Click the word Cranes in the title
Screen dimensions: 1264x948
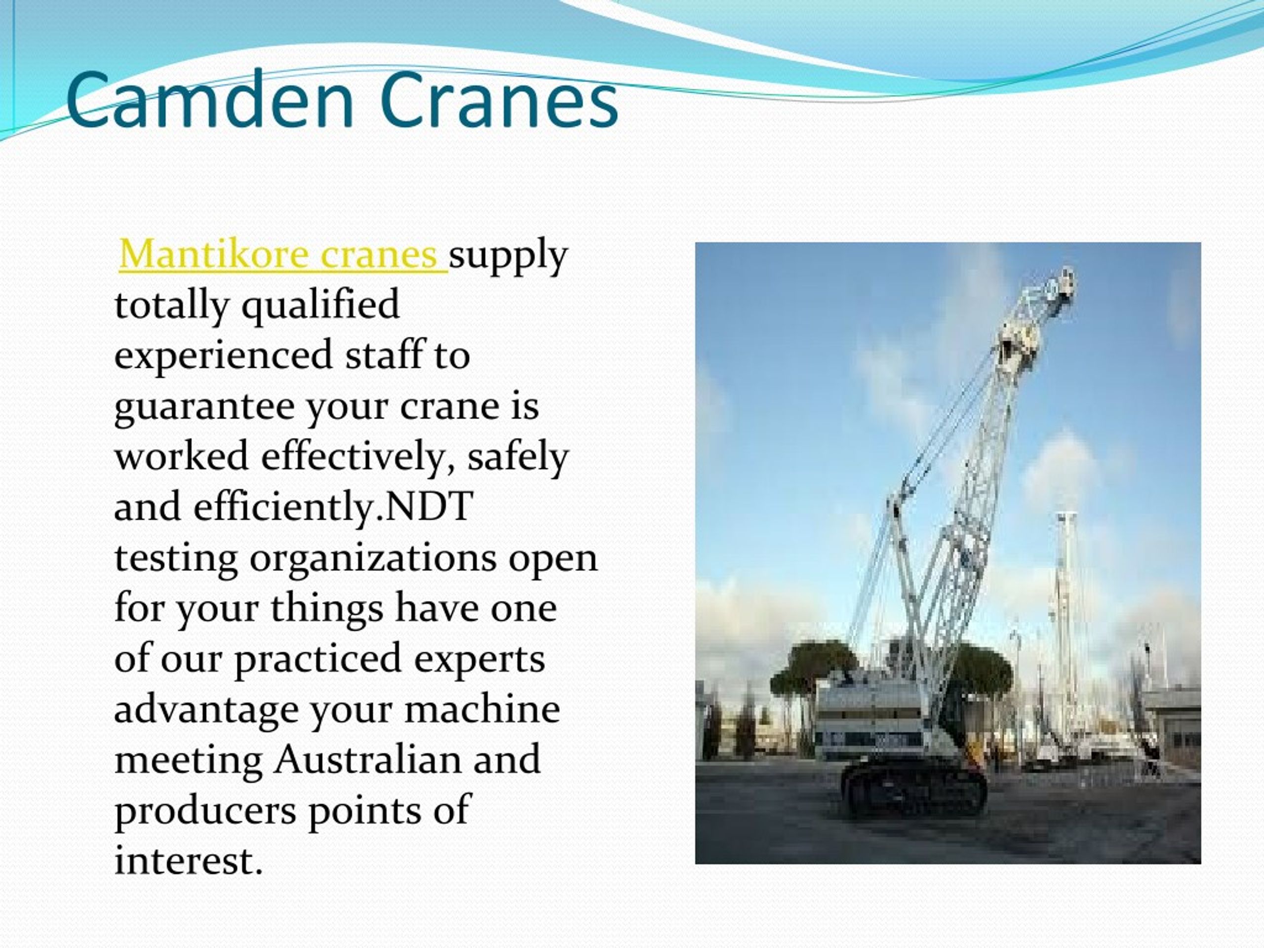[499, 101]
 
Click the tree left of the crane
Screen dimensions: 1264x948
[811, 674]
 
